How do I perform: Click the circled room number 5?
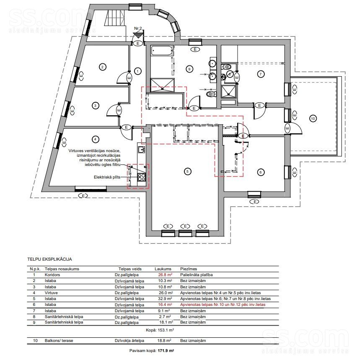(187, 171)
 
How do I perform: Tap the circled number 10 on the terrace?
(313, 119)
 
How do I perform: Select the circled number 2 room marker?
(102, 67)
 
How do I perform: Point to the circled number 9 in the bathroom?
(189, 69)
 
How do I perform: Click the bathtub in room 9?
(162, 51)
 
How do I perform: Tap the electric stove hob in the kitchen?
(142, 177)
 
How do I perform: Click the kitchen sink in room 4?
(141, 150)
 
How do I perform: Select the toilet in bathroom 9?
(212, 94)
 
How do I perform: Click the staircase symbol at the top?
(116, 19)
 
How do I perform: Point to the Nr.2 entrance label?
(138, 28)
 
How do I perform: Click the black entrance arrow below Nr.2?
(138, 35)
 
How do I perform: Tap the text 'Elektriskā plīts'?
(107, 177)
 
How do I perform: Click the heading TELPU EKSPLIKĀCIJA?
(49, 259)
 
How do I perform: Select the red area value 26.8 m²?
(165, 275)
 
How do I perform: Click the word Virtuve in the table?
(51, 293)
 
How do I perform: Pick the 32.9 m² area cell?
(165, 298)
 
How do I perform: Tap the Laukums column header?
(163, 269)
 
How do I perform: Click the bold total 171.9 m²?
(166, 350)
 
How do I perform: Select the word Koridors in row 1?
(52, 275)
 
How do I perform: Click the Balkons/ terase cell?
(59, 340)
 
